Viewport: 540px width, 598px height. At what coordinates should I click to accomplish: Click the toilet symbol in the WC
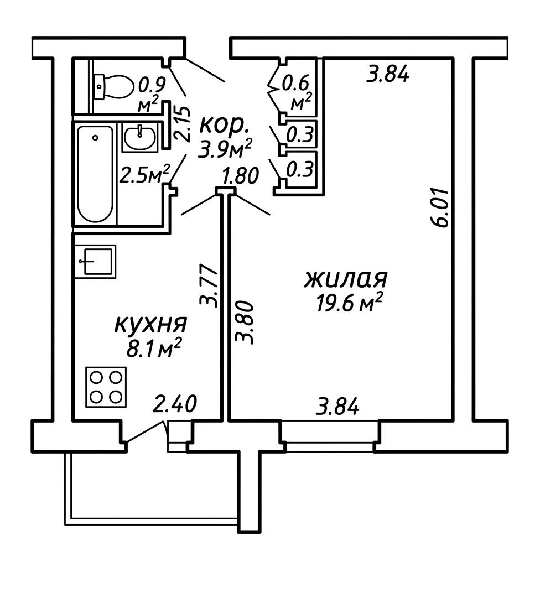coord(113,86)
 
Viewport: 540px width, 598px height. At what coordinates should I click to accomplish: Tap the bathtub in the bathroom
coord(96,174)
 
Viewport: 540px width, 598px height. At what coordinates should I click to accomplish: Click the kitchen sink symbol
coord(95,261)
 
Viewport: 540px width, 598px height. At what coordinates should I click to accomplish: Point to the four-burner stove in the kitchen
coord(106,387)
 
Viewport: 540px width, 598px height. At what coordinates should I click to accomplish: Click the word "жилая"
coord(345,279)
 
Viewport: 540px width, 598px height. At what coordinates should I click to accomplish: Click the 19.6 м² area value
coord(349,303)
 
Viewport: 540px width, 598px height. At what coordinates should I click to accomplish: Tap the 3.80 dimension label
coord(245,323)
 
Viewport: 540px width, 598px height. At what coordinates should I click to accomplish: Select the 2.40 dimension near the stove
coord(175,404)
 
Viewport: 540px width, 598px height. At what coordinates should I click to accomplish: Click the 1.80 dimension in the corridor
coord(241,176)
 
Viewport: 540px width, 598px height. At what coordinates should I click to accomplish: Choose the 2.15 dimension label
coord(182,124)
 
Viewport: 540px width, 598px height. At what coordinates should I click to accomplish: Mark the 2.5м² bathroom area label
coord(144,175)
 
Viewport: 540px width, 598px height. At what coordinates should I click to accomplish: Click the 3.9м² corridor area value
coord(225,149)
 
